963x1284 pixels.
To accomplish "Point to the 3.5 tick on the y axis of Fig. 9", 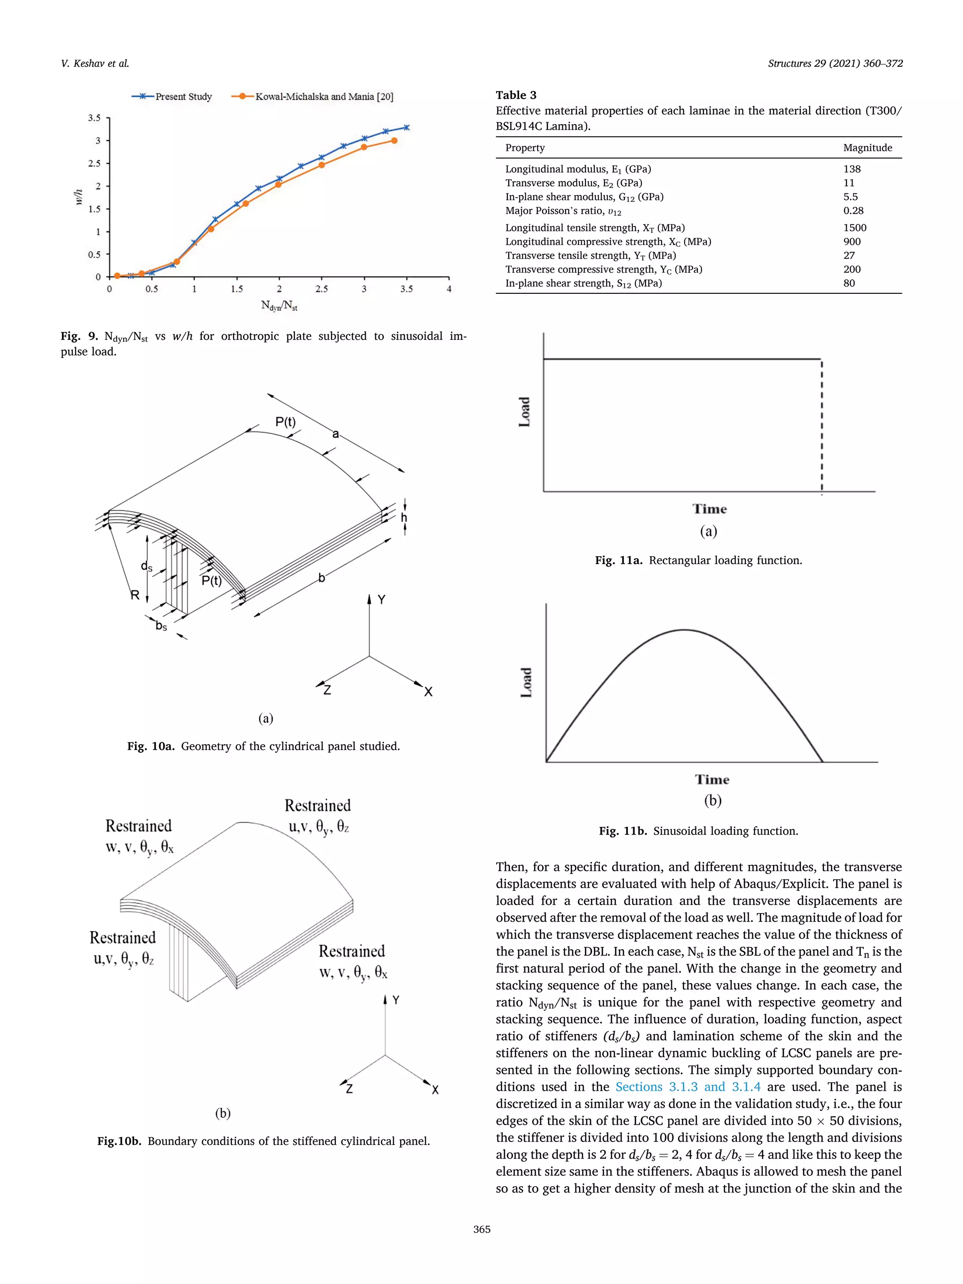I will coord(94,118).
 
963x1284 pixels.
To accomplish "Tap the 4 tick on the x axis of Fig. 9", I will coord(449,289).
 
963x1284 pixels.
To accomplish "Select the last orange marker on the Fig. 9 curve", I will coord(394,141).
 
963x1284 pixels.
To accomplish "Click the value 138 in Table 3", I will coord(852,169).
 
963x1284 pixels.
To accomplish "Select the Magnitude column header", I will coord(867,148).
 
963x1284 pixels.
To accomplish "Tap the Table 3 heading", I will coord(515,95).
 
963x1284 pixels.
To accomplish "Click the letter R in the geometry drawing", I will coord(134,595).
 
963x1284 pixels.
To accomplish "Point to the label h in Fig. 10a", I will coord(404,518).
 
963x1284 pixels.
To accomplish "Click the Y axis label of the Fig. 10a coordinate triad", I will coord(381,599).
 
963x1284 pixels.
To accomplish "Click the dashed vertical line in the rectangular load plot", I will coord(821,426).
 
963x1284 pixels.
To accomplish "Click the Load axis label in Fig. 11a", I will coord(525,412).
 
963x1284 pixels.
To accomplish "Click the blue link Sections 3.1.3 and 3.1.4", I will coord(687,1087).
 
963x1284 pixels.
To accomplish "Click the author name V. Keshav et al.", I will coord(95,63).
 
